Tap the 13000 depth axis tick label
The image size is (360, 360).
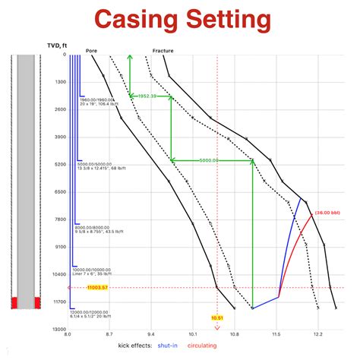(x=58, y=330)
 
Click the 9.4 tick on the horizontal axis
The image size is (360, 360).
(x=151, y=335)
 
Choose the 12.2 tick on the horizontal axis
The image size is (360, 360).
(x=317, y=335)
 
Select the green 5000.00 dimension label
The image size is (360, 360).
(x=210, y=160)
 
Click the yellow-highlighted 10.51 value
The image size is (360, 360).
(x=217, y=317)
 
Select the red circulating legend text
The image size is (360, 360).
(x=227, y=346)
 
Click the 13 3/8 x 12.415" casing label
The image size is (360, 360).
(x=102, y=168)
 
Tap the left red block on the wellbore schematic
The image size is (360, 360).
(x=13, y=303)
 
